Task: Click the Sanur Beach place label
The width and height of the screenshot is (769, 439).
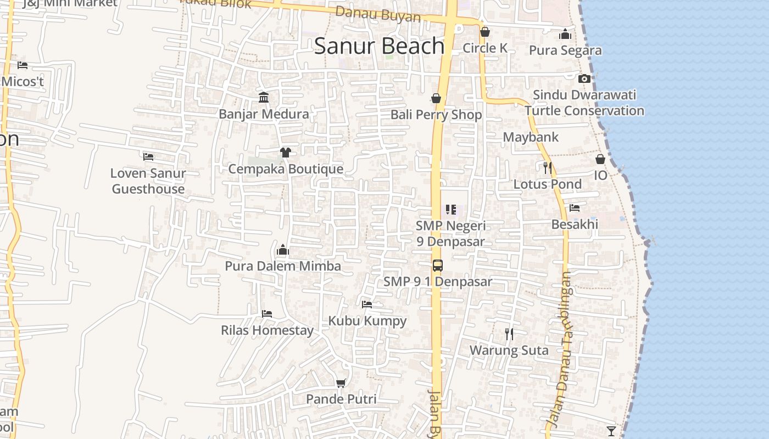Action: click(x=379, y=46)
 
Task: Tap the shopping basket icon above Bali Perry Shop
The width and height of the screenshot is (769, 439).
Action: click(x=436, y=98)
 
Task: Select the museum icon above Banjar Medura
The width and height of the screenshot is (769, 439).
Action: click(x=264, y=97)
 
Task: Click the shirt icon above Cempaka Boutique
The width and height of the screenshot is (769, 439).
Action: click(x=285, y=152)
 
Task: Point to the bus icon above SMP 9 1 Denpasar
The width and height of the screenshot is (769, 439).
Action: click(x=438, y=266)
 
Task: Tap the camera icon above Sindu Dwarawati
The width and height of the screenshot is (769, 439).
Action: click(x=584, y=78)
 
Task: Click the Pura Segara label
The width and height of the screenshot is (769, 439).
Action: click(x=565, y=50)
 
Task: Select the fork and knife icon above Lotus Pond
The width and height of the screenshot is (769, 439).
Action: click(x=547, y=167)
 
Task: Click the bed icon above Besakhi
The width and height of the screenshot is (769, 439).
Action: click(x=575, y=208)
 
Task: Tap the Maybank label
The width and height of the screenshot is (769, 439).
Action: click(x=531, y=137)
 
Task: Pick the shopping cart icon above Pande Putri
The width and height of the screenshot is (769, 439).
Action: click(x=341, y=382)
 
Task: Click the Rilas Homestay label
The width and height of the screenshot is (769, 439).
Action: click(x=267, y=330)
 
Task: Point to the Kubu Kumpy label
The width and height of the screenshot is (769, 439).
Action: click(x=367, y=321)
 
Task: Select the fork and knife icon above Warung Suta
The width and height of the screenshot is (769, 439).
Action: click(x=509, y=334)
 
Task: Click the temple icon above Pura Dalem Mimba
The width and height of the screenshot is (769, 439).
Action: click(x=283, y=250)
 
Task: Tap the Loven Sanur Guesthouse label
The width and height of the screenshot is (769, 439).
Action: click(x=148, y=181)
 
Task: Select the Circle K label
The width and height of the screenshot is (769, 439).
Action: click(x=485, y=48)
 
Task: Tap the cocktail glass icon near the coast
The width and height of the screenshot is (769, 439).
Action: click(x=611, y=431)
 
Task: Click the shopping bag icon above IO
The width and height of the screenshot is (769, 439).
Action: click(x=600, y=159)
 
